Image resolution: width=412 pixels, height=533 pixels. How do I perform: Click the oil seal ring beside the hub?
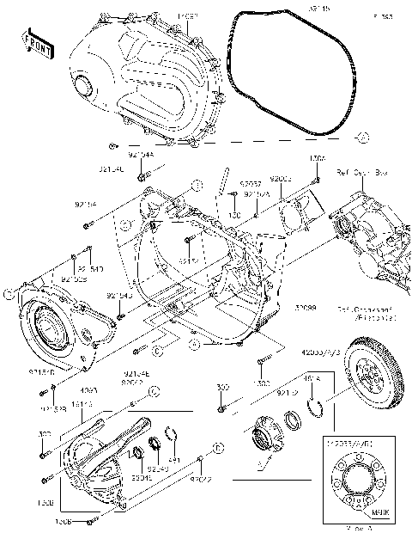coord(294,420)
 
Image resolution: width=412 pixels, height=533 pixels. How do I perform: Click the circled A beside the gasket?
coord(362,138)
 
